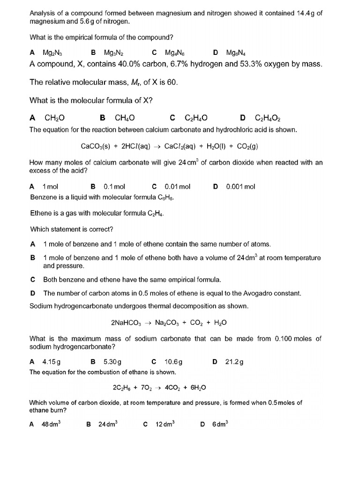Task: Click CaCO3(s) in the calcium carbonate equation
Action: (96, 146)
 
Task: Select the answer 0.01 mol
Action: (178, 187)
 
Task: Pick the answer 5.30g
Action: (112, 362)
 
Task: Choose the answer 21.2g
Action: (234, 362)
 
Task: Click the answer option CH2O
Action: (54, 118)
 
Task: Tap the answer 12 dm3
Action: (165, 424)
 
